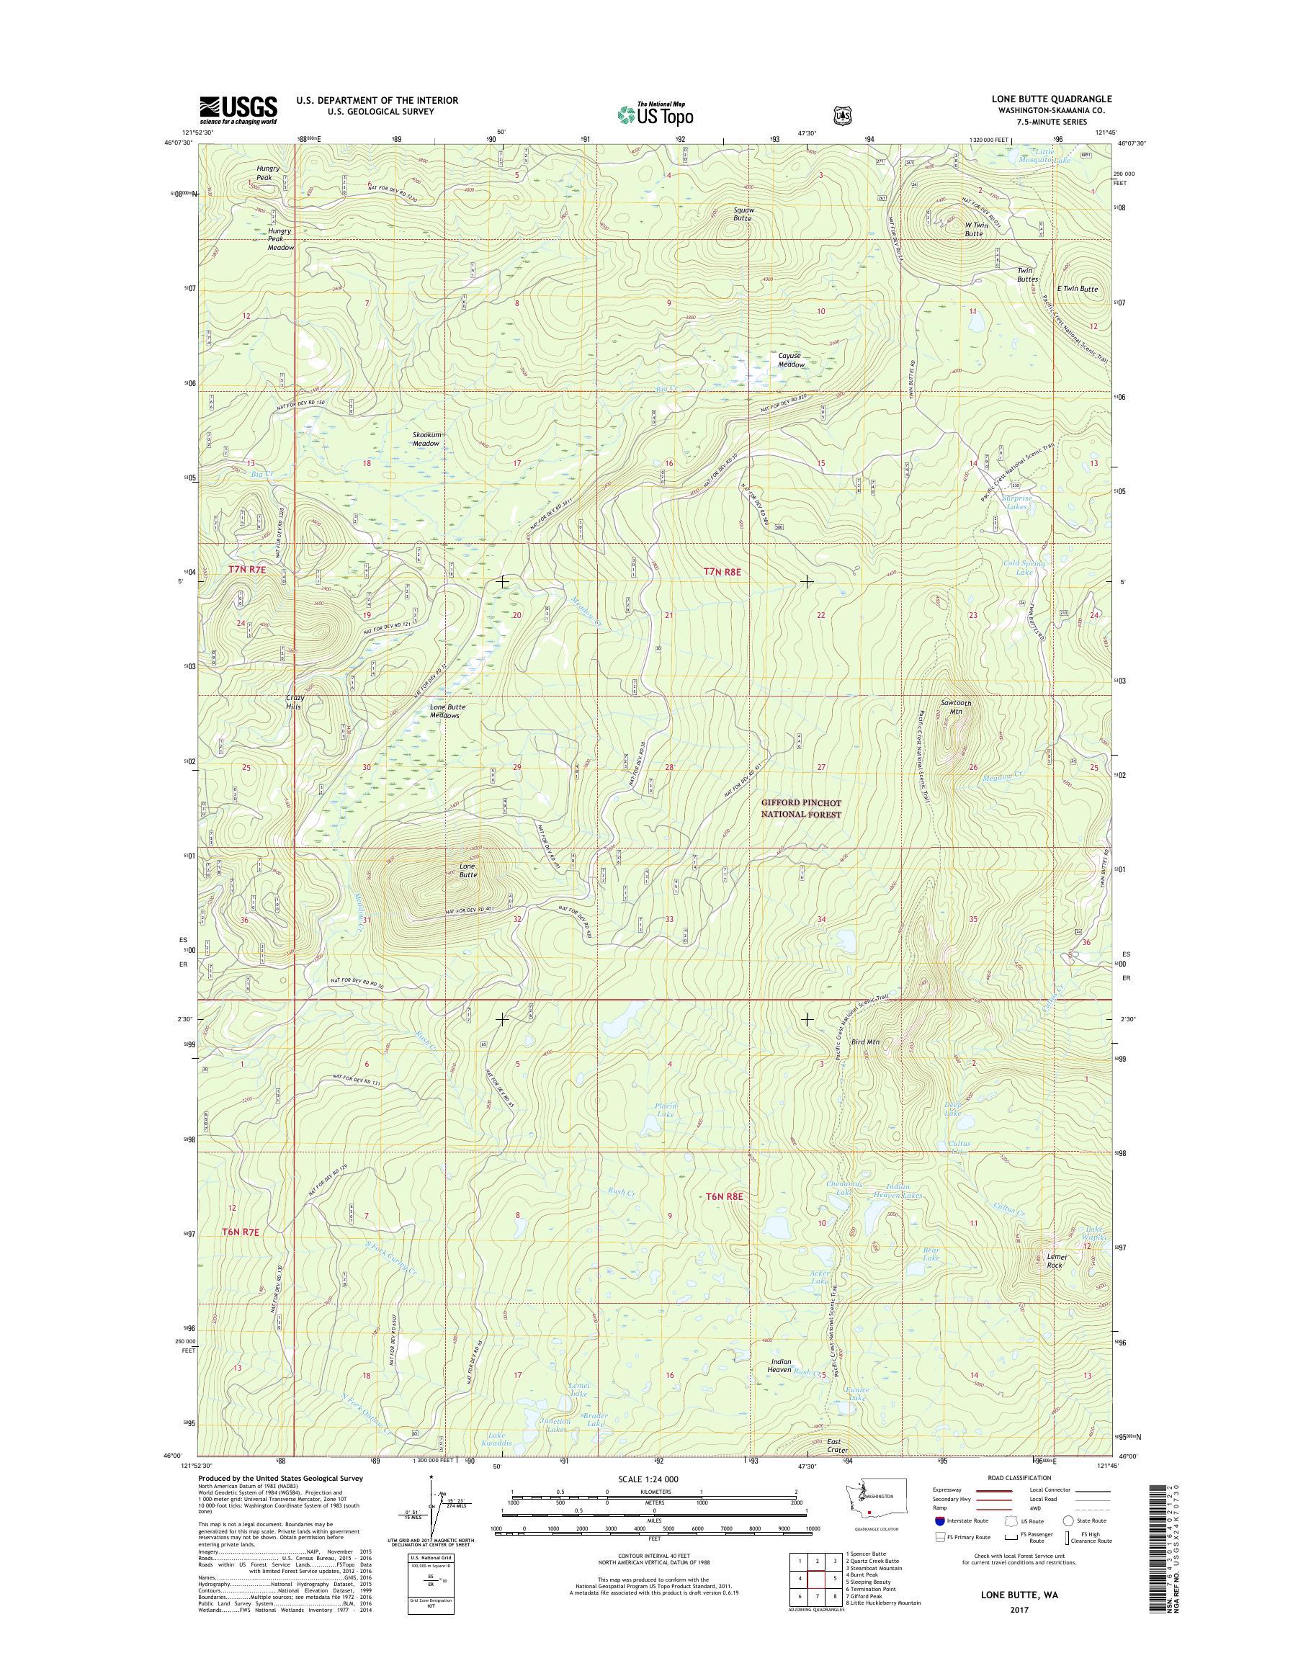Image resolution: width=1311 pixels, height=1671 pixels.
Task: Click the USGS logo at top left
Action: (x=238, y=109)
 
